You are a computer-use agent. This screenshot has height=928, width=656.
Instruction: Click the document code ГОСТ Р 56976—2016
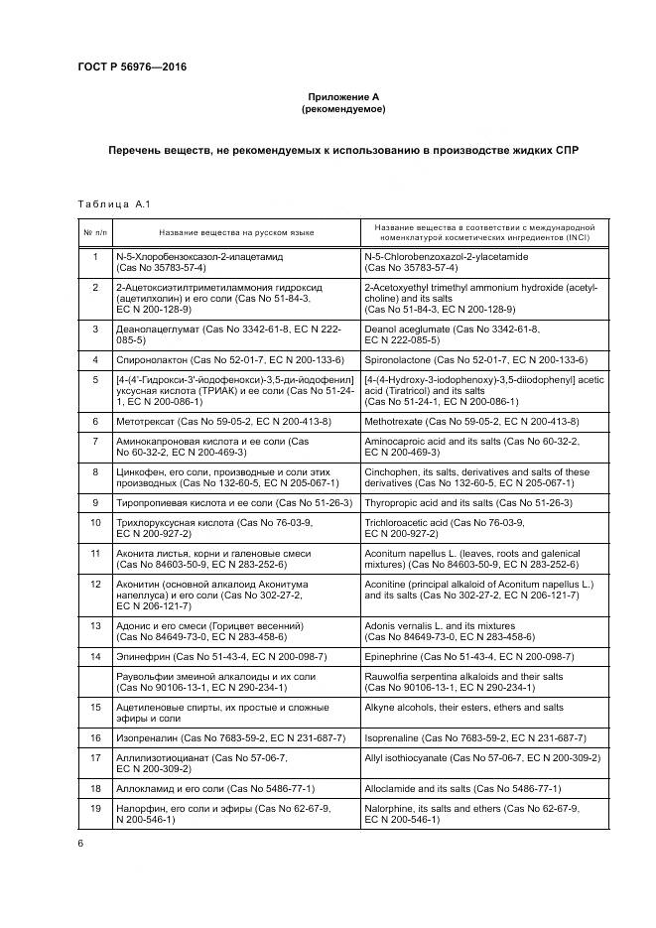click(x=132, y=66)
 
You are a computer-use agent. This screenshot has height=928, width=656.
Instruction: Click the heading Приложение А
click(x=343, y=96)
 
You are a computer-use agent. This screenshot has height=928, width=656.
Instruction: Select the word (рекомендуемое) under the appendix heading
click(x=343, y=108)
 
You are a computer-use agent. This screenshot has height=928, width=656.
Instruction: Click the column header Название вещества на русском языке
click(x=236, y=232)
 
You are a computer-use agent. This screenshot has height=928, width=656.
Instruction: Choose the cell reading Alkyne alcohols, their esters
click(x=463, y=708)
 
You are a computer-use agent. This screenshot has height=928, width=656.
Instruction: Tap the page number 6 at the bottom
click(x=80, y=843)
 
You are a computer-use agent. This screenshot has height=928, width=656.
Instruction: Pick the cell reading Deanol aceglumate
click(x=452, y=333)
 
